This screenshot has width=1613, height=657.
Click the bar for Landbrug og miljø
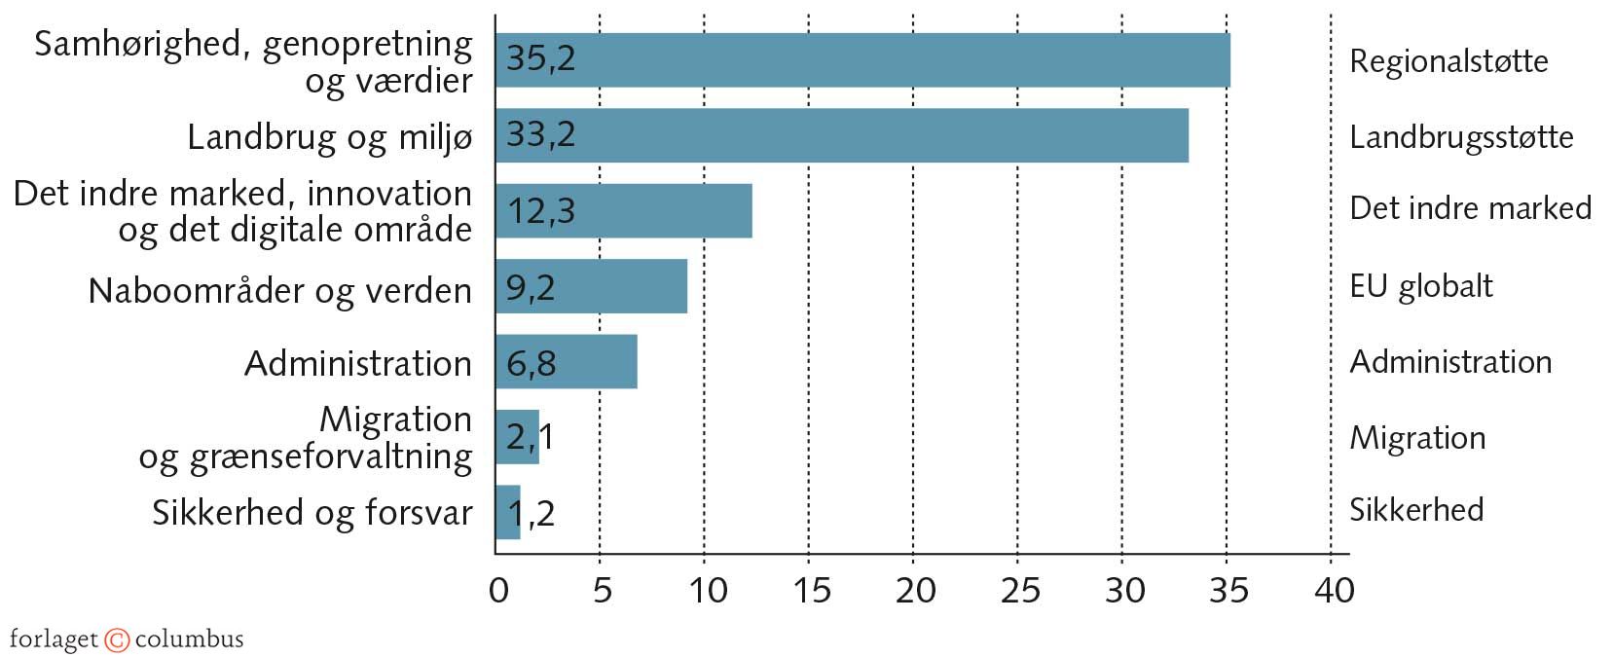click(841, 135)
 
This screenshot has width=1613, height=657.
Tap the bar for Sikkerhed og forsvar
click(507, 512)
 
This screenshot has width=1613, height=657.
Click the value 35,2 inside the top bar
click(541, 58)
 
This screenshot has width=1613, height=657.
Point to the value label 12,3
click(541, 210)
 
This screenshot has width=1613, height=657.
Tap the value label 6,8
click(532, 364)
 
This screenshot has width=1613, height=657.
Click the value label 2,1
click(531, 437)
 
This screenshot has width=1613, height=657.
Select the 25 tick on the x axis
click(1018, 590)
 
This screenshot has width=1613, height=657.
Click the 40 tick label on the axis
click(1333, 590)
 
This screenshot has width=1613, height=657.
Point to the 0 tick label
click(498, 590)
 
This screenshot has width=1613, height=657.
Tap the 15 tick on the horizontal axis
click(810, 590)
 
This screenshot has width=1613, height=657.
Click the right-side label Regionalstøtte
click(1448, 61)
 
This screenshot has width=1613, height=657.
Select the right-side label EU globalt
click(1420, 286)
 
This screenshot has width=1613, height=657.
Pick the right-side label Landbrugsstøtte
click(1460, 137)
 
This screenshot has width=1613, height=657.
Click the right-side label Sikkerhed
click(1415, 509)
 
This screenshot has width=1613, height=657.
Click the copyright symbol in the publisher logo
click(117, 639)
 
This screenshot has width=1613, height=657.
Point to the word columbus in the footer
click(189, 639)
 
